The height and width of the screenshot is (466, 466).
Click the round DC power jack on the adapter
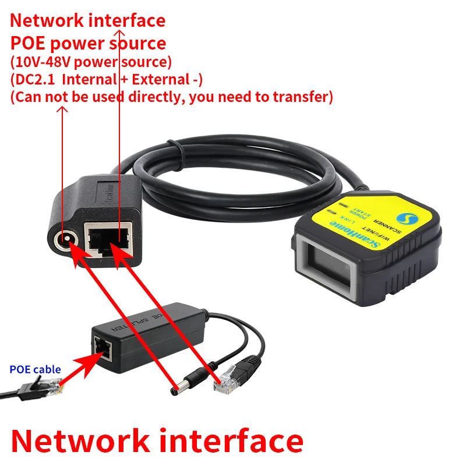tap(65, 238)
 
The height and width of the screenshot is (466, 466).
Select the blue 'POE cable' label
tap(36, 369)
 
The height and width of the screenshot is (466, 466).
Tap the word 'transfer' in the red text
tap(301, 96)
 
